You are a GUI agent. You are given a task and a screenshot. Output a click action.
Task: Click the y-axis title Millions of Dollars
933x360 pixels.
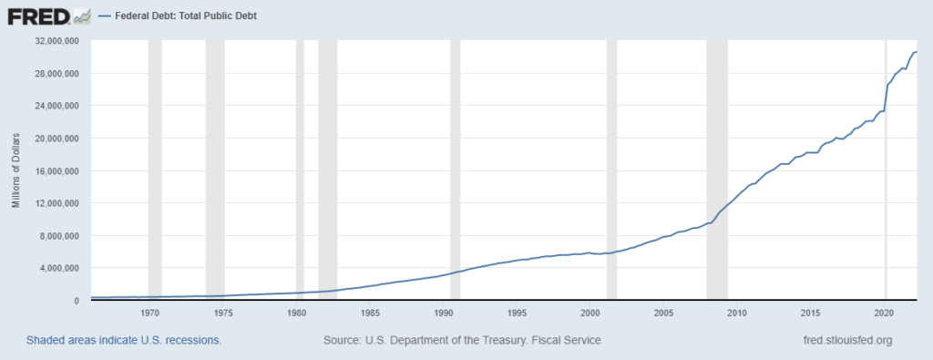pos(16,170)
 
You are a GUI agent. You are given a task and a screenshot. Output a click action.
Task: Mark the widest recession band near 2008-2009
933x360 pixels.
pos(717,170)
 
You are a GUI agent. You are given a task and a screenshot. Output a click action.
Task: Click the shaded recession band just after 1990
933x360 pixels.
pos(455,170)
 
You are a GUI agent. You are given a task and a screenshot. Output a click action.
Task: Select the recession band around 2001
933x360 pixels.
pos(611,170)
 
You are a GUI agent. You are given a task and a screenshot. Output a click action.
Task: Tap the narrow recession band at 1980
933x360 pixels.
pos(300,170)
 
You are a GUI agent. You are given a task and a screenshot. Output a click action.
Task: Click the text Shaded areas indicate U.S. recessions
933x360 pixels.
pos(124,340)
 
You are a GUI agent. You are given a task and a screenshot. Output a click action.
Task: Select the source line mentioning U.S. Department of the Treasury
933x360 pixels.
pos(462,340)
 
